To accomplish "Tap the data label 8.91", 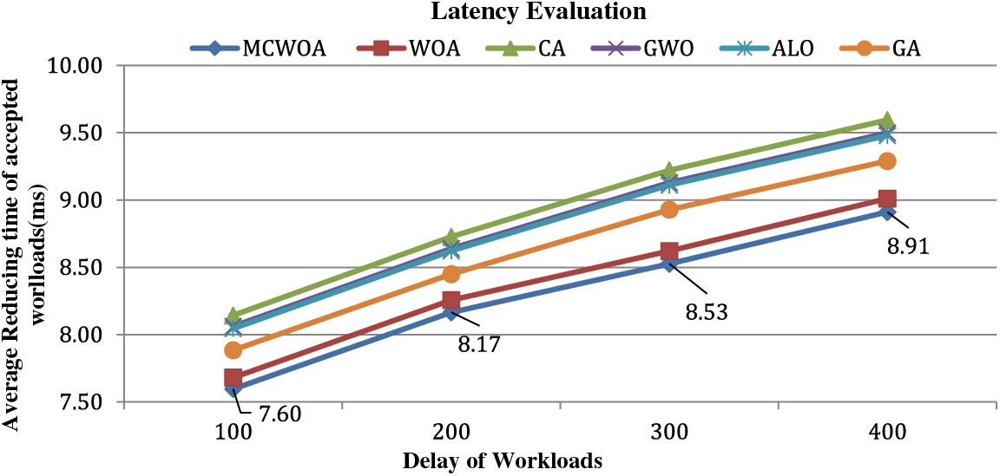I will point(908,248).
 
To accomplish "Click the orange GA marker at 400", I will point(886,161).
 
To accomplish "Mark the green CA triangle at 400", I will point(886,120).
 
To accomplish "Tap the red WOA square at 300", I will point(668,252).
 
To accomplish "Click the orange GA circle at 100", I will point(233,350).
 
